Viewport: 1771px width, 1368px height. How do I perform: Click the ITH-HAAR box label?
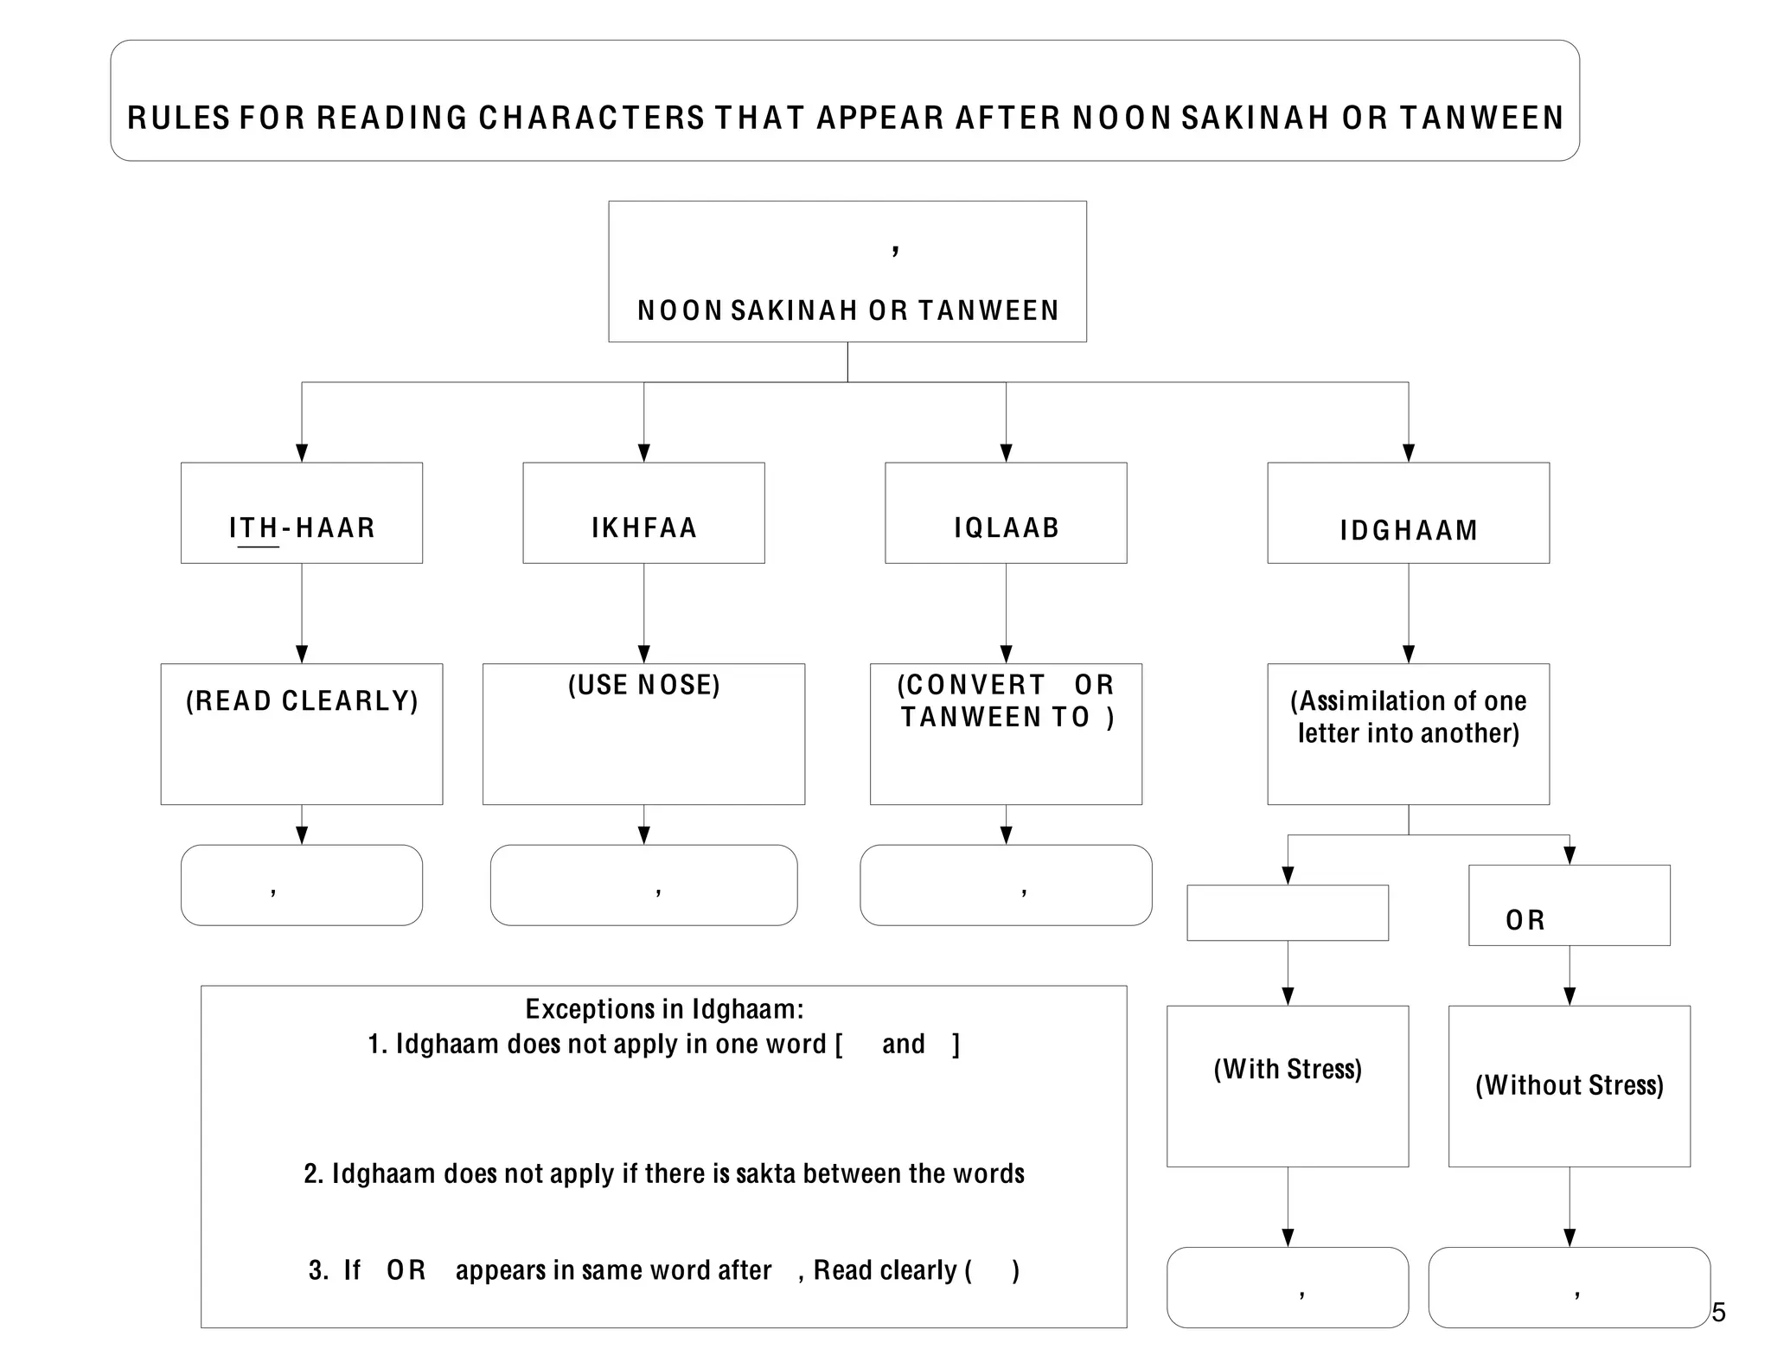point(302,527)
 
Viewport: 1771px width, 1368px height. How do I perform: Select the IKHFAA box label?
point(643,527)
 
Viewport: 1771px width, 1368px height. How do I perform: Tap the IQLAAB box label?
point(1006,527)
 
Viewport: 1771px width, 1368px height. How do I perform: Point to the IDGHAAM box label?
point(1409,530)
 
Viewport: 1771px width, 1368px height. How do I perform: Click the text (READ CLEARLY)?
point(302,700)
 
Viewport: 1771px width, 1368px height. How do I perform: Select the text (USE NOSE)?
point(643,685)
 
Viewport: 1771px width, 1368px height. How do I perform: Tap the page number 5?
point(1718,1312)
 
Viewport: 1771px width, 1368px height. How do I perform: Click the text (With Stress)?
point(1288,1069)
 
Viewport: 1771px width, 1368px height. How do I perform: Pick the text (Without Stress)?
point(1569,1084)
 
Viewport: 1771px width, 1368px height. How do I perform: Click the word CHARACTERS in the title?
point(591,118)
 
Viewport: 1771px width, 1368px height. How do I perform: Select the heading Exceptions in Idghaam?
point(664,1008)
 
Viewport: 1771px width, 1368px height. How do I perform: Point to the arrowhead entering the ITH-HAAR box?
point(302,453)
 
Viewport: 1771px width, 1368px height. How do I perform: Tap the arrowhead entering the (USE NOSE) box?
point(643,655)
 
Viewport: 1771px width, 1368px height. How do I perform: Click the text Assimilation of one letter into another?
point(1409,717)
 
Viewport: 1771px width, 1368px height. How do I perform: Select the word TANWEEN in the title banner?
point(1481,118)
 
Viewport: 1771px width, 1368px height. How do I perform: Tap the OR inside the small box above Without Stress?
point(1525,920)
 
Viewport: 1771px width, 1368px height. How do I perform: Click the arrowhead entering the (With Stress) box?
point(1288,996)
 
